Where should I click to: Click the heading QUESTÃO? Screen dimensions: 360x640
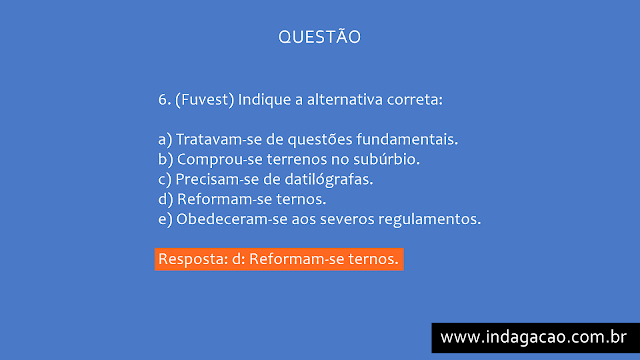coord(319,37)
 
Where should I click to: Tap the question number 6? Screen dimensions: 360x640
coord(164,100)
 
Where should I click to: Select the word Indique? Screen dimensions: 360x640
coord(266,100)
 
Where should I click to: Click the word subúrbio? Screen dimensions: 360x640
coord(387,159)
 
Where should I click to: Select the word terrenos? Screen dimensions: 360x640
coord(298,159)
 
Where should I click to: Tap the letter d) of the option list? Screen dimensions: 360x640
coord(165,199)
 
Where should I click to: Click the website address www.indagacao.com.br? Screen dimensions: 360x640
coord(534,337)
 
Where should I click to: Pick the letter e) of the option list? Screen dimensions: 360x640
coord(165,218)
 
